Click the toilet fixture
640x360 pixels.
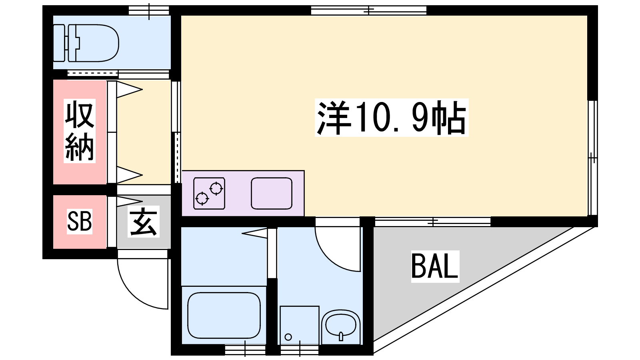tap(86, 43)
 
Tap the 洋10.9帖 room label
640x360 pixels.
tap(392, 118)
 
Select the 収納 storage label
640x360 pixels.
tap(80, 131)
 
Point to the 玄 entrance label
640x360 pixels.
tap(144, 222)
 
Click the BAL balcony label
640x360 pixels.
tap(435, 266)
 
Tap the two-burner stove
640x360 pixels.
tap(209, 193)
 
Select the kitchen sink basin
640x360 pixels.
tap(272, 193)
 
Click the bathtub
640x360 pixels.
tap(224, 316)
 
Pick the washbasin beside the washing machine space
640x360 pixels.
tap(340, 327)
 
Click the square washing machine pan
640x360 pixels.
tap(300, 326)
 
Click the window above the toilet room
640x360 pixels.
tap(149, 10)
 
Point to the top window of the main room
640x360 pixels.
tap(368, 10)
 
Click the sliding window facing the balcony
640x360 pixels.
tap(433, 222)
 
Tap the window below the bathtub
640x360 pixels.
tap(245, 350)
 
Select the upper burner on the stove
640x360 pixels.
tap(216, 188)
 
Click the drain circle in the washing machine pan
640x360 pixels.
tap(288, 337)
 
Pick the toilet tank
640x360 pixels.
tap(59, 43)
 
